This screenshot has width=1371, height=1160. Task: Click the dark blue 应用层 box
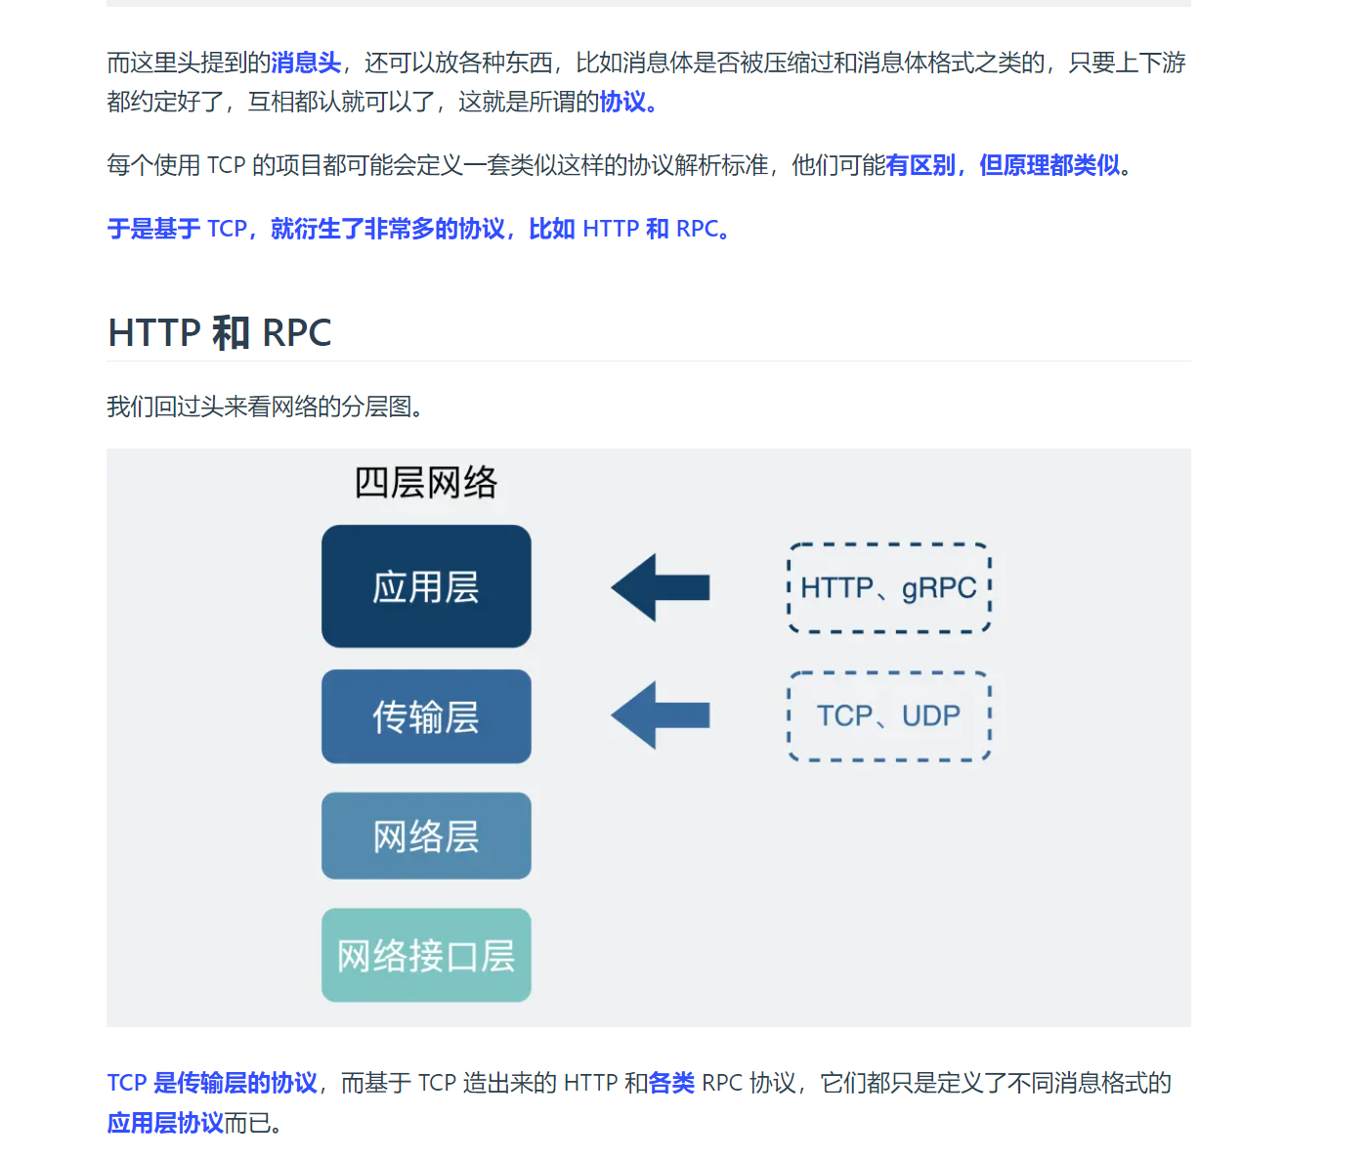click(x=426, y=586)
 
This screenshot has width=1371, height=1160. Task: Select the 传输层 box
click(x=426, y=716)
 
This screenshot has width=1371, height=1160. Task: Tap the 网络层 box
click(x=426, y=836)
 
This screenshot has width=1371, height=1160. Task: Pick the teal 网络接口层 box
click(x=426, y=955)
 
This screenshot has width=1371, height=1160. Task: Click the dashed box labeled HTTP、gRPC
click(x=889, y=587)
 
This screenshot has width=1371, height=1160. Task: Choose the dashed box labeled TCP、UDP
click(x=889, y=716)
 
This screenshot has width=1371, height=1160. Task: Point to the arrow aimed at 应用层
click(x=661, y=587)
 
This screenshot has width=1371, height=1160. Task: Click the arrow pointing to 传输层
click(x=661, y=716)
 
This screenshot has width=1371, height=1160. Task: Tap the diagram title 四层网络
click(x=426, y=483)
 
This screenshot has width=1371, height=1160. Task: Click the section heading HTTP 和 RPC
click(x=220, y=333)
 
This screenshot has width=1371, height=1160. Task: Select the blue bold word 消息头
click(x=306, y=64)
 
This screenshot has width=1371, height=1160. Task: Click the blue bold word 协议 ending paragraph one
click(x=622, y=103)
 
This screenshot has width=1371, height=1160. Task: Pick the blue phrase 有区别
click(x=921, y=166)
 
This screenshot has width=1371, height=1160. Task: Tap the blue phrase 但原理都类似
click(x=1050, y=166)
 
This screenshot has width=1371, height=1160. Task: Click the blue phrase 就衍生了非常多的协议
click(x=388, y=230)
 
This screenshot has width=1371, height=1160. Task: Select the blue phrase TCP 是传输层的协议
click(x=212, y=1083)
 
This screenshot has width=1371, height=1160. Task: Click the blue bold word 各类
click(x=671, y=1083)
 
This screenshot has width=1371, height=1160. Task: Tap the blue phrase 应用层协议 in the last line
click(x=165, y=1123)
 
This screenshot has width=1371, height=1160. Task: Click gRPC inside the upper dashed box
click(x=939, y=587)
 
